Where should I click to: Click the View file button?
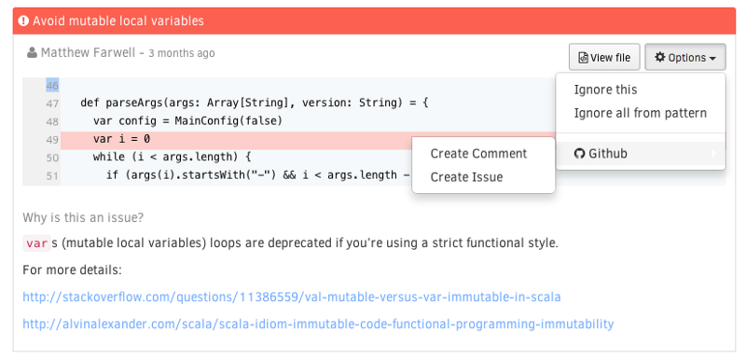pyautogui.click(x=604, y=58)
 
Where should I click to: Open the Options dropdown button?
pyautogui.click(x=685, y=58)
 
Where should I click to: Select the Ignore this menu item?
pyautogui.click(x=606, y=90)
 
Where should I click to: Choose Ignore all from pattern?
pyautogui.click(x=641, y=113)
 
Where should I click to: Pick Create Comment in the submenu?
pyautogui.click(x=478, y=153)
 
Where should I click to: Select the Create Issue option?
pyautogui.click(x=466, y=177)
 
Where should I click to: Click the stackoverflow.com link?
pyautogui.click(x=292, y=298)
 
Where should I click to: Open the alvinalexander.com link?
pyautogui.click(x=318, y=325)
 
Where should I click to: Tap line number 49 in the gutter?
pyautogui.click(x=51, y=140)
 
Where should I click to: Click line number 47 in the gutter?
pyautogui.click(x=51, y=104)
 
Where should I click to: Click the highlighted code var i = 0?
pyautogui.click(x=121, y=140)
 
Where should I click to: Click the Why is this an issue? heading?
pyautogui.click(x=83, y=217)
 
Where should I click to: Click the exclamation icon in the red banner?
pyautogui.click(x=24, y=21)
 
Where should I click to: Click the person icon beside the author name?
pyautogui.click(x=32, y=53)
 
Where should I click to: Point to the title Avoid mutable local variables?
pyautogui.click(x=118, y=21)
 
